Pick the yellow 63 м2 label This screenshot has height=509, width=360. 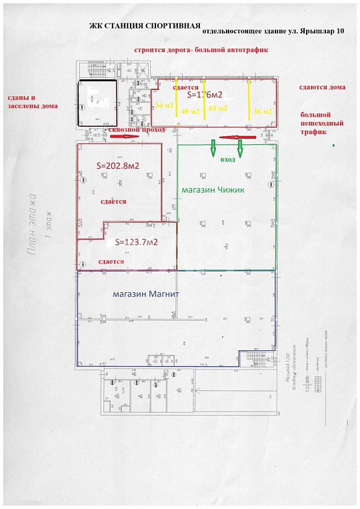(x=218, y=107)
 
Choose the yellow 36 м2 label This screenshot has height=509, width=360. (x=263, y=111)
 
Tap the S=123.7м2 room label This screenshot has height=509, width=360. (x=136, y=242)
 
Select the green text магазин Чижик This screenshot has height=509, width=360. (x=213, y=190)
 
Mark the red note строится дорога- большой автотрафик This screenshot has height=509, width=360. (x=205, y=49)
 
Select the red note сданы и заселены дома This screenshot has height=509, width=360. (x=32, y=101)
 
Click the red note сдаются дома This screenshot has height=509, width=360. (x=322, y=87)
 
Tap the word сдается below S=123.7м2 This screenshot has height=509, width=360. (x=111, y=262)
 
